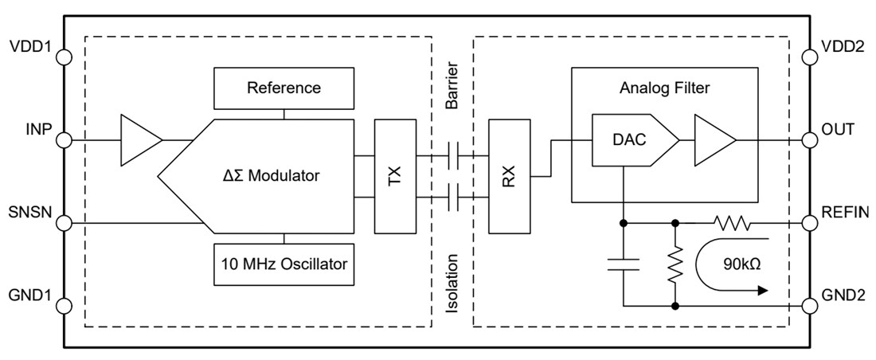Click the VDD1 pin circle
65,57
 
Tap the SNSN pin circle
65,222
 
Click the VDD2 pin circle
811,57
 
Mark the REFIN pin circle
811,222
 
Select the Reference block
283,88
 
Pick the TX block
395,176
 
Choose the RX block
509,176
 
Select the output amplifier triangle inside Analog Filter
713,141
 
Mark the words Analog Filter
664,88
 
